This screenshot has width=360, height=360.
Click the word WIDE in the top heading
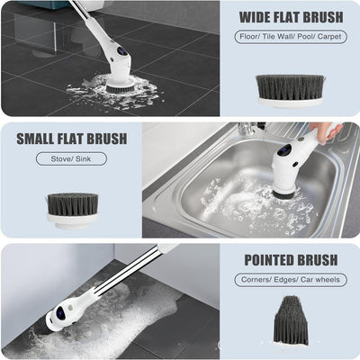[x=256, y=18]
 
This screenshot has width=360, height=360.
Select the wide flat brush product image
[x=290, y=89]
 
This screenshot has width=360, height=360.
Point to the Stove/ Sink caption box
[x=71, y=158]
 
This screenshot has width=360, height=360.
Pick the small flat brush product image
[x=72, y=208]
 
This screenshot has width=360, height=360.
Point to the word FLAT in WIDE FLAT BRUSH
[x=290, y=18]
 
